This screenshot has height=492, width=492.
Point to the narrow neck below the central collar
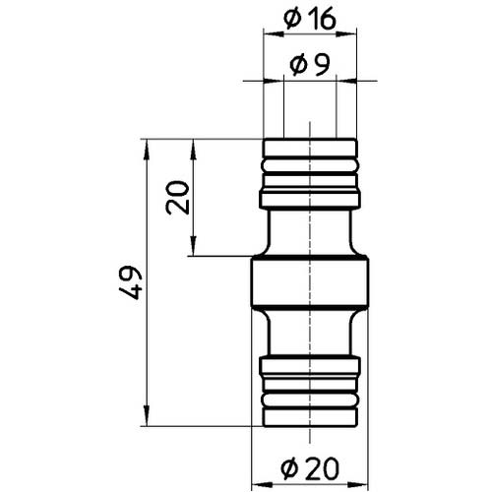tap(310, 334)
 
